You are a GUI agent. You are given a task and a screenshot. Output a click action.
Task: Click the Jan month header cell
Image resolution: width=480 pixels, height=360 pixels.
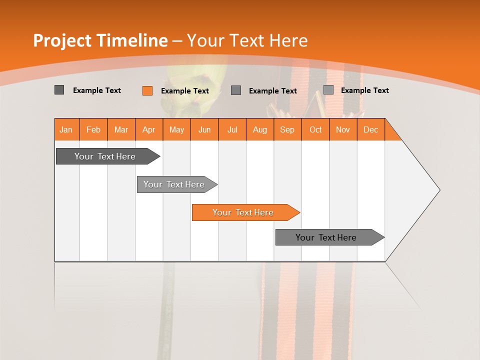pyautogui.click(x=66, y=129)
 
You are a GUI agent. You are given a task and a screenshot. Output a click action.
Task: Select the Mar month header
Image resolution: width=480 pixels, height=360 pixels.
pyautogui.click(x=121, y=129)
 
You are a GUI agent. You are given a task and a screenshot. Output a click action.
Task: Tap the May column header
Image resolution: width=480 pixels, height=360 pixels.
pyautogui.click(x=176, y=129)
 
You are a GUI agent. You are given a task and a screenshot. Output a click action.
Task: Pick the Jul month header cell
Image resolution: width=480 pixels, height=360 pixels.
pyautogui.click(x=232, y=129)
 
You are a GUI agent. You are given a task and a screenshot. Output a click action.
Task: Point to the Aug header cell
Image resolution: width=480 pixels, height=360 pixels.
pyautogui.click(x=259, y=129)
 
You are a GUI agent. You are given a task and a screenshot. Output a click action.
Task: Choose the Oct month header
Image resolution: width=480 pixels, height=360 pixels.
pyautogui.click(x=315, y=129)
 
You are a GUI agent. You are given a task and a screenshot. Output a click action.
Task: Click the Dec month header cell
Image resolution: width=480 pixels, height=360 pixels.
pyautogui.click(x=370, y=129)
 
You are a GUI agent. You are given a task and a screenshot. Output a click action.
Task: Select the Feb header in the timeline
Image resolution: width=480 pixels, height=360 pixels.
pyautogui.click(x=93, y=129)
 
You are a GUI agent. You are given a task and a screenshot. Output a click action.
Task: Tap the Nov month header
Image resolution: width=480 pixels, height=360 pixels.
pyautogui.click(x=342, y=129)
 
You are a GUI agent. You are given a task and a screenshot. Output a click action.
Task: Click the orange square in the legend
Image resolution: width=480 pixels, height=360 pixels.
pyautogui.click(x=147, y=90)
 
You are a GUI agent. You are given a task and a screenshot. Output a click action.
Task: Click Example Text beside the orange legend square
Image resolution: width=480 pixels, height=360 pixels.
pyautogui.click(x=184, y=91)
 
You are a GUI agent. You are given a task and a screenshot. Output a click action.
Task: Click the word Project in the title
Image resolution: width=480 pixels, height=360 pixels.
pyautogui.click(x=62, y=40)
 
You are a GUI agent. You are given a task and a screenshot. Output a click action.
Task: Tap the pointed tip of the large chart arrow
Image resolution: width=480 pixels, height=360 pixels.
pyautogui.click(x=438, y=190)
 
